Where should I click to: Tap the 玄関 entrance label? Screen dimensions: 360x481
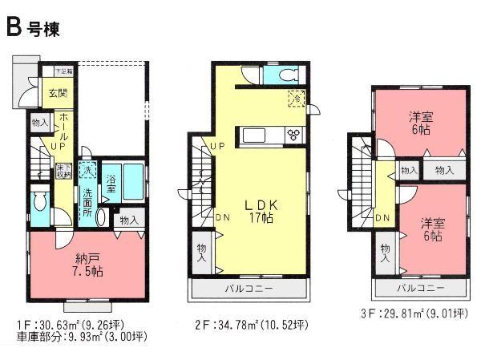(x=57, y=94)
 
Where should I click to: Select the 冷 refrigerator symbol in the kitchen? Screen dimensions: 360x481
(x=297, y=100)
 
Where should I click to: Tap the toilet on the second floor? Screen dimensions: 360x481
(x=286, y=75)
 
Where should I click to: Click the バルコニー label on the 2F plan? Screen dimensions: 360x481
(x=248, y=288)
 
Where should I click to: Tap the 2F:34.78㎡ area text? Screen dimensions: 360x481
(x=249, y=326)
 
